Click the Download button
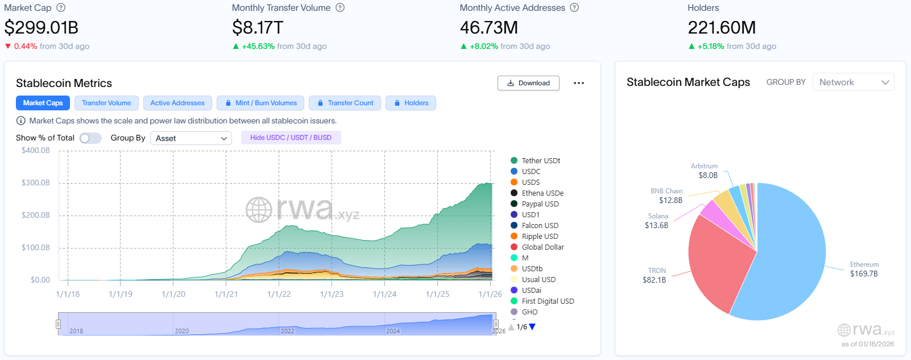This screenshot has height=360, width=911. [x=528, y=83]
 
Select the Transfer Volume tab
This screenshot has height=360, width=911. [x=106, y=103]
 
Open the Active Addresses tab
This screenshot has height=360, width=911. [x=177, y=103]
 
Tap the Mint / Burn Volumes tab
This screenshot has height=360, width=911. [x=260, y=103]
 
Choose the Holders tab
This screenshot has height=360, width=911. [x=411, y=103]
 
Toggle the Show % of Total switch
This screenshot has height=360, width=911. [x=90, y=138]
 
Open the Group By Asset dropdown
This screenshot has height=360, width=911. [x=191, y=138]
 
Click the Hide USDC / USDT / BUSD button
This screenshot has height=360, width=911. [x=291, y=138]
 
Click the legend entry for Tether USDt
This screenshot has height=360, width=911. [x=540, y=160]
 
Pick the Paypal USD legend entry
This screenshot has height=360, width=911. [x=540, y=204]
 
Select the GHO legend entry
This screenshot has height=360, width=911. [x=529, y=312]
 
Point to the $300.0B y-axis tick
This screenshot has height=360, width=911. [x=36, y=183]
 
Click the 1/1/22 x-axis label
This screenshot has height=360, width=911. [x=279, y=294]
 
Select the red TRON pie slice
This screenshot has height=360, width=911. [x=717, y=262]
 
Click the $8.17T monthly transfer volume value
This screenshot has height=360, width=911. [x=258, y=27]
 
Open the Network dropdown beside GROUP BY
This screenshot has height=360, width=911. [x=853, y=82]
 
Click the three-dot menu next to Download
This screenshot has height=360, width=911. [x=579, y=83]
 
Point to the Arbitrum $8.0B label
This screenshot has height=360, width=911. [x=705, y=171]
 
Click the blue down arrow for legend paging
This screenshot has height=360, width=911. [x=532, y=327]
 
